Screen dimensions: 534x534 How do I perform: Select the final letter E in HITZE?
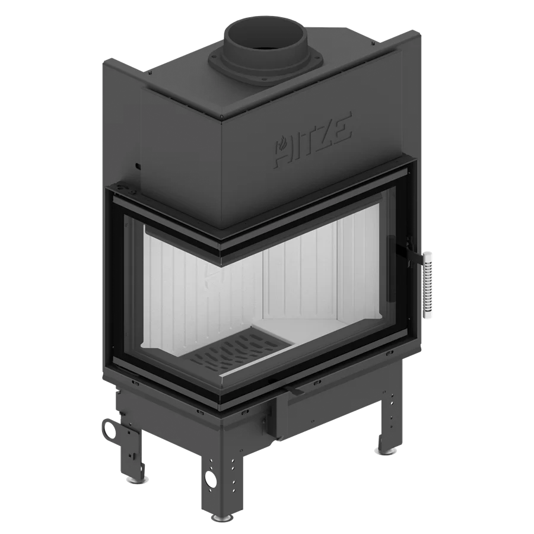(341, 126)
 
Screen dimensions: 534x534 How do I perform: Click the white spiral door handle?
(427, 285)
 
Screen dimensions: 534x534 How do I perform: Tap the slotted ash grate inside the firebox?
(237, 353)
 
